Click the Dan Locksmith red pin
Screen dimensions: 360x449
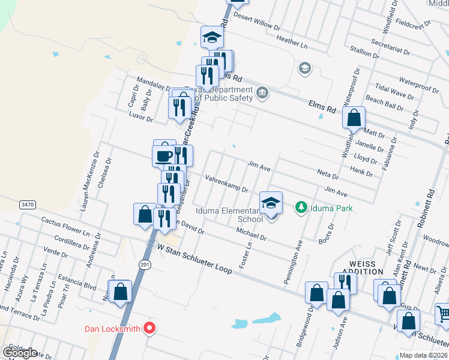click(x=150, y=329)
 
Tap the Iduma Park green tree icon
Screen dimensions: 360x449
click(x=301, y=208)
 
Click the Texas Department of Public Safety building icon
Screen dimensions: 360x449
click(x=262, y=92)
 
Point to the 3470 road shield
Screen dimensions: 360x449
click(x=27, y=205)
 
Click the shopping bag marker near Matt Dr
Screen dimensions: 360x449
click(x=354, y=118)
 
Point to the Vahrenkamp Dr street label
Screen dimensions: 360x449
click(x=227, y=184)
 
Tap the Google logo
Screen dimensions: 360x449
click(x=20, y=352)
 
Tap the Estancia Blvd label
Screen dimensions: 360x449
click(x=77, y=282)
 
